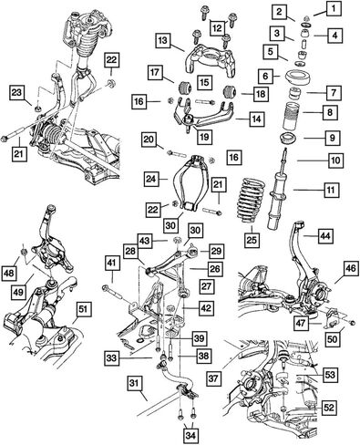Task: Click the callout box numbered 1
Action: [x=334, y=9]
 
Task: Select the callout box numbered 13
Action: [x=163, y=41]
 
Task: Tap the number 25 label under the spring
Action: [x=252, y=240]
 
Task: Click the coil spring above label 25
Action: [x=251, y=200]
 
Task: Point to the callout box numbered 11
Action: [x=331, y=191]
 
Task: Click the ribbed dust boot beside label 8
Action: [x=293, y=117]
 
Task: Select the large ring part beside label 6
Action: [x=298, y=78]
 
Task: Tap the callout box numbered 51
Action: [x=83, y=309]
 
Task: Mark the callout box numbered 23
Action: [x=18, y=92]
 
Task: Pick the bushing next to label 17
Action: [x=184, y=88]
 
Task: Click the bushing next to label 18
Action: [x=231, y=92]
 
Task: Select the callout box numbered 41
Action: [x=111, y=264]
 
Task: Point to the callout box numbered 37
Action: [x=213, y=378]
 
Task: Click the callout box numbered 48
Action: [x=9, y=273]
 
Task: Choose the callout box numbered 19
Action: [x=204, y=137]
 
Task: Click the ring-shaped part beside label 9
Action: [x=287, y=139]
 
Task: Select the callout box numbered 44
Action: [x=325, y=235]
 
